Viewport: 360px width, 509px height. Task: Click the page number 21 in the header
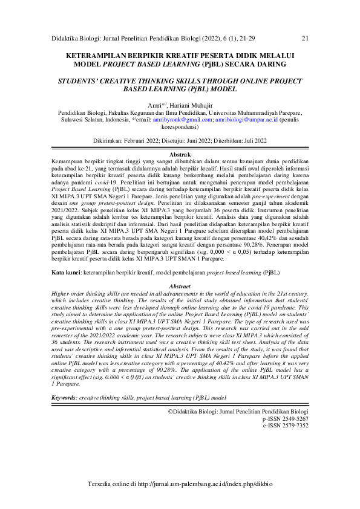[305, 39]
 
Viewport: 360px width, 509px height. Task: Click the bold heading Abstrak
[180, 155]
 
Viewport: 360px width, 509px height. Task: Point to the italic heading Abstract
[180, 287]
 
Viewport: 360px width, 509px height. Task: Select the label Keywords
[64, 399]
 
